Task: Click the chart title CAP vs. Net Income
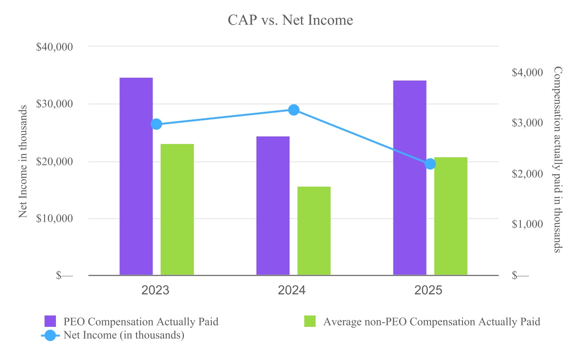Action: coord(290,20)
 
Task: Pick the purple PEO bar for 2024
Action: coord(273,206)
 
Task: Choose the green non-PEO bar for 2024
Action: coord(314,231)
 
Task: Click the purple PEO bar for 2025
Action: coord(410,178)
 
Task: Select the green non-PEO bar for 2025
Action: coord(451,216)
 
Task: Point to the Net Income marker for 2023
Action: coord(156,124)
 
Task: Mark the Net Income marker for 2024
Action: coord(294,110)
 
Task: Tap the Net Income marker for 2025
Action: coord(430,164)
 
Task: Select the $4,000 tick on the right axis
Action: coord(527,72)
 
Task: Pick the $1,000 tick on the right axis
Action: coord(527,224)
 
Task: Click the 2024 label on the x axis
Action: coord(291,290)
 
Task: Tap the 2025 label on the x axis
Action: coord(428,290)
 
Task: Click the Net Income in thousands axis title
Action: coord(23,162)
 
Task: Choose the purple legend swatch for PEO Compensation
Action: coord(50,321)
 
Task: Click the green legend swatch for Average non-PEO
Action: coord(309,321)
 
